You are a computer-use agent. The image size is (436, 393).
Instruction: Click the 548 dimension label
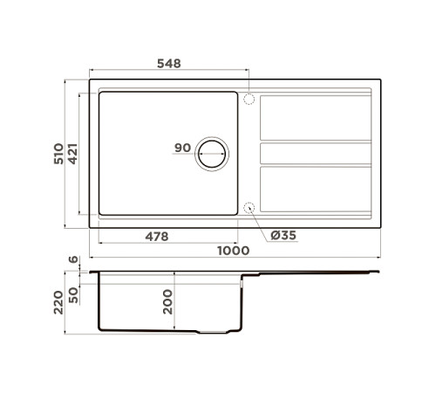(x=169, y=64)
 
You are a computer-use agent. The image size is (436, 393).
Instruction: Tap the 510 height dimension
(x=58, y=154)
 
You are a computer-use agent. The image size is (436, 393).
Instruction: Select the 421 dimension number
(x=72, y=154)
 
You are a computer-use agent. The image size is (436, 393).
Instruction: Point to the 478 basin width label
(x=157, y=237)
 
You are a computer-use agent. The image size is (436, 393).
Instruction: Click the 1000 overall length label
(x=234, y=251)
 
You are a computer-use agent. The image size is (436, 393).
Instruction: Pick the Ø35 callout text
(x=283, y=235)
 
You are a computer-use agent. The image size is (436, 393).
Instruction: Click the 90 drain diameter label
(x=182, y=148)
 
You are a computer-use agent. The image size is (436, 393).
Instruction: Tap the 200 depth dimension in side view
(x=167, y=301)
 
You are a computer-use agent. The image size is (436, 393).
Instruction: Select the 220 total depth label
(x=58, y=302)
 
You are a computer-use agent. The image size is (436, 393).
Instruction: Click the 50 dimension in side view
(x=73, y=295)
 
